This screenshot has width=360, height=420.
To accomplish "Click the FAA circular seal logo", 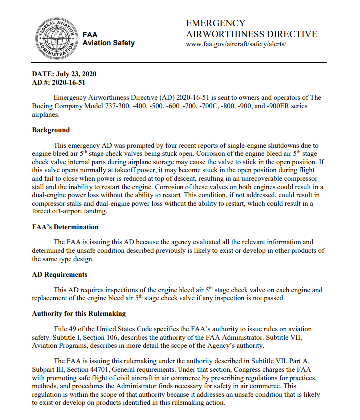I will pos(55,38).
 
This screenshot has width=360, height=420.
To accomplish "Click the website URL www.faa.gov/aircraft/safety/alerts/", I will pos(236,44).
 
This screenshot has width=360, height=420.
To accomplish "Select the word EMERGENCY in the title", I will pos(215,23).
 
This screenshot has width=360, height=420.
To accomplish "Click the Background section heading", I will pos(51,130).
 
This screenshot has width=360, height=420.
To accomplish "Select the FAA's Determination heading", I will pos(65,227).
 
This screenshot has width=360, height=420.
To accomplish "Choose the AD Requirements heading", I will pos(60,275).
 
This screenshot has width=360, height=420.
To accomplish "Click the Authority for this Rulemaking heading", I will pos(79,314).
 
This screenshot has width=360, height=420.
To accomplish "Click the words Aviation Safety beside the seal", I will pos(108,43).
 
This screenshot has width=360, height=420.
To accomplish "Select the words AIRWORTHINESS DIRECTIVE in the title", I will pos(251,34).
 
